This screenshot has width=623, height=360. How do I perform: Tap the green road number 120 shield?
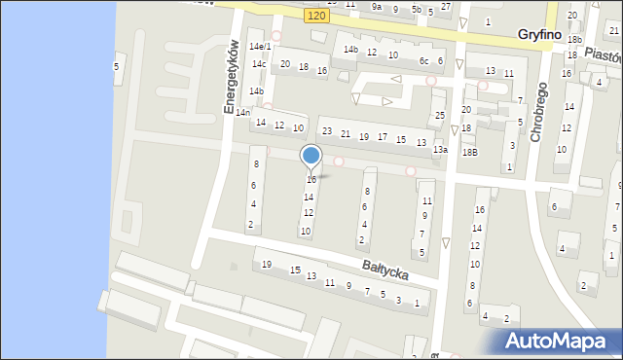(314, 17)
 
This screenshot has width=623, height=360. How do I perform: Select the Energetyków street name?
(232, 77)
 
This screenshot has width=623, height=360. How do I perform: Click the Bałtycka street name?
(385, 268)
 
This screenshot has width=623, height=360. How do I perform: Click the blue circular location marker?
(311, 155)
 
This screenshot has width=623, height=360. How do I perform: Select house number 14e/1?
(259, 47)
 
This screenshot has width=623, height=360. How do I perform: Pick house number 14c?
(259, 64)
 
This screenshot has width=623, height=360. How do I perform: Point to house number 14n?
(243, 113)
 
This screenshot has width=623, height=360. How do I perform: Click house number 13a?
(440, 150)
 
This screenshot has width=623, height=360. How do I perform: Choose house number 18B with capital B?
(470, 153)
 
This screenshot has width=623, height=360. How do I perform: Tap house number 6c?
(423, 61)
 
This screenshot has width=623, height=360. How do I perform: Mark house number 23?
(327, 131)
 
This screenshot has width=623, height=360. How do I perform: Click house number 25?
(440, 116)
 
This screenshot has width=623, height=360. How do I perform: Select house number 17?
(383, 137)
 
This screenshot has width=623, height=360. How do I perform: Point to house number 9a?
(377, 6)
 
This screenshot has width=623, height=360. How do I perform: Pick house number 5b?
(416, 10)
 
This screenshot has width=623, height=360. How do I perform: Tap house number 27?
(445, 7)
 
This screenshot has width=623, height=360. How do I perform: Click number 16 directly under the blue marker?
(311, 180)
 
